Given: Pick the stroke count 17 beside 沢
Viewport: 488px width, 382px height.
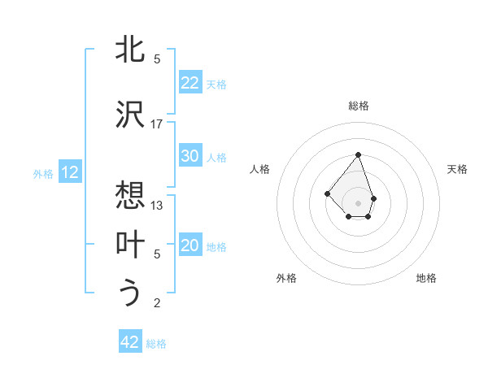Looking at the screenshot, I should click(157, 124).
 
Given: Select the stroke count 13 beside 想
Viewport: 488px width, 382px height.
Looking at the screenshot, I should click(157, 206).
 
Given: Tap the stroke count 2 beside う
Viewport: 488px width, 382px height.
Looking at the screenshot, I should click(157, 304).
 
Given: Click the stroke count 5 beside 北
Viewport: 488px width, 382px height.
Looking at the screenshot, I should click(157, 59).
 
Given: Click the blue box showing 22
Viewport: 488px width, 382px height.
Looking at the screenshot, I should click(190, 83).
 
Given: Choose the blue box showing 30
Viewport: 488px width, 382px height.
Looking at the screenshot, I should click(190, 156).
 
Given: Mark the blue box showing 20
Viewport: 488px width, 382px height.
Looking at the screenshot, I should click(190, 245).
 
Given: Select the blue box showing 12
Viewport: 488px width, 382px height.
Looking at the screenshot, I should click(70, 172).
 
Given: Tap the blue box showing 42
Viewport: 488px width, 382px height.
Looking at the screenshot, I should click(130, 342).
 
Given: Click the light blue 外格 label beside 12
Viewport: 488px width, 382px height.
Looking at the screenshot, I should click(43, 173).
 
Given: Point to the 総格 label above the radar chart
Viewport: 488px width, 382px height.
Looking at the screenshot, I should click(359, 106).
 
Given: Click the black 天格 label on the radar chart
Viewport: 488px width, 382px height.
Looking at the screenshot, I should click(458, 169).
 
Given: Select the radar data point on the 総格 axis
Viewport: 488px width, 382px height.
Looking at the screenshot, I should click(358, 154).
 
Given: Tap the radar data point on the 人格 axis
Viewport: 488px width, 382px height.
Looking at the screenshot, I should click(327, 193).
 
